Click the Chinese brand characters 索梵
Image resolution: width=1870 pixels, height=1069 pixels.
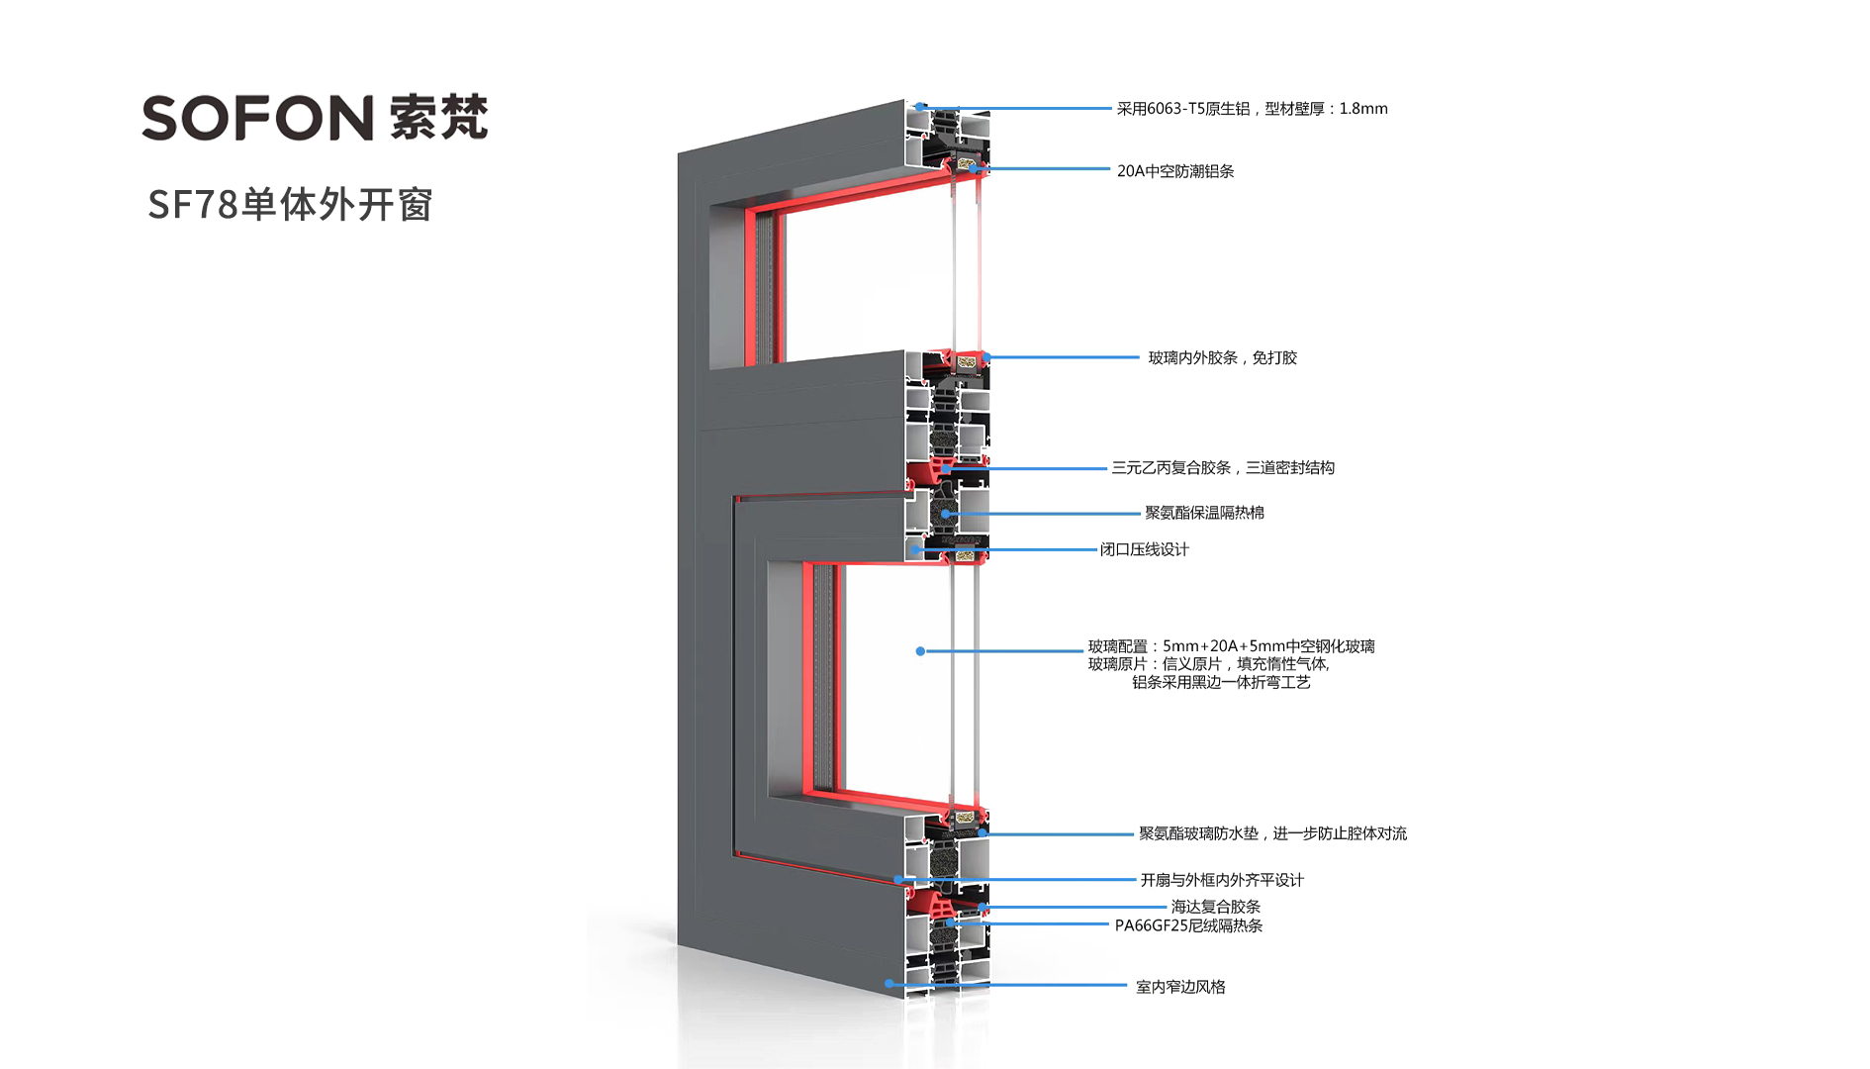pos(438,118)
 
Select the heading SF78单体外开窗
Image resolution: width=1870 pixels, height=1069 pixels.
pos(290,205)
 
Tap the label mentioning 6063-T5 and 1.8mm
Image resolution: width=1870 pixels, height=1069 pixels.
pos(1252,109)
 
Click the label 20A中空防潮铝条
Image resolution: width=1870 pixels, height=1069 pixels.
pos(1175,171)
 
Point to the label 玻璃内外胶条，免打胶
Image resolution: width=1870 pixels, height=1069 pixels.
pos(1222,357)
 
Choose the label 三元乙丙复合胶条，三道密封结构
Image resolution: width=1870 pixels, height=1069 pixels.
pos(1223,467)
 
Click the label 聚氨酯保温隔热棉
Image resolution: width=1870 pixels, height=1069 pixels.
pos(1204,513)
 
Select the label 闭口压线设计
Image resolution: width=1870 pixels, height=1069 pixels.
pos(1145,549)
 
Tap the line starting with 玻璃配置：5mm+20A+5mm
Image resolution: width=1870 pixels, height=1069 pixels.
pos(1231,646)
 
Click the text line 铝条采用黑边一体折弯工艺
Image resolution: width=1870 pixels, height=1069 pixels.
pos(1221,682)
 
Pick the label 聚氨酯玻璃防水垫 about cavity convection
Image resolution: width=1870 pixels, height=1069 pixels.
pos(1272,833)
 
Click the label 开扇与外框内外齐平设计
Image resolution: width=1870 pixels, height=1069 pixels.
pos(1222,880)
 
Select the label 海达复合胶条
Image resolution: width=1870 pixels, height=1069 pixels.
pos(1215,907)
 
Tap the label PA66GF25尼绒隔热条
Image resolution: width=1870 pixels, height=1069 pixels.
pos(1188,925)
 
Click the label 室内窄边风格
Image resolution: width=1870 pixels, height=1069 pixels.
pos(1180,987)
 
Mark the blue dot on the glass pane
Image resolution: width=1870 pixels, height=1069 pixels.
pos(920,651)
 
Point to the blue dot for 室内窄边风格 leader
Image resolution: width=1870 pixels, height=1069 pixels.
pos(889,984)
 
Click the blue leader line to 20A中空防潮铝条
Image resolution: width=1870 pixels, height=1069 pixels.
pos(1049,169)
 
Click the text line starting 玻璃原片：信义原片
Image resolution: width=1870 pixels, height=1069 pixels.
pos(1209,664)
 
